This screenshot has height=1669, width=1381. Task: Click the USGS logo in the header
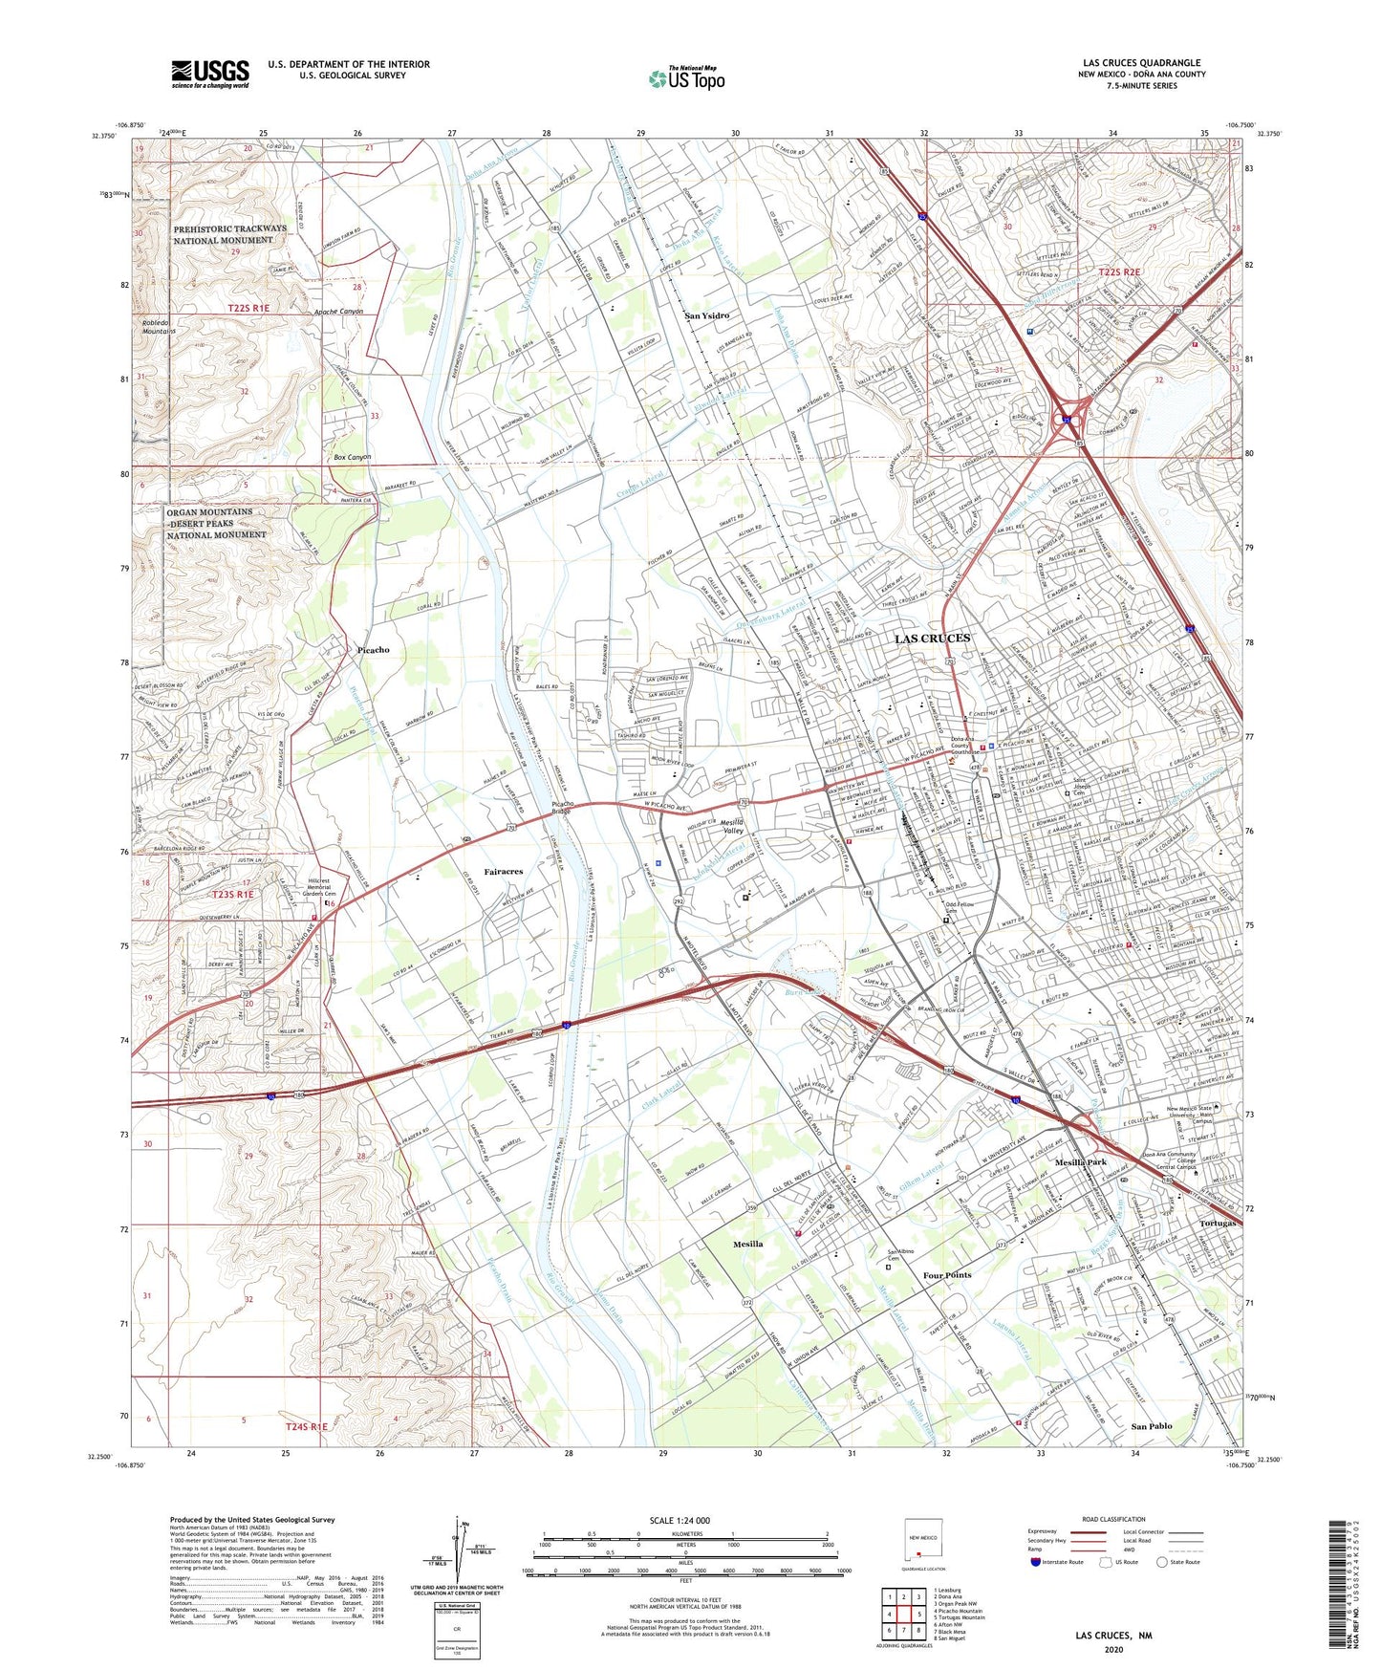pyautogui.click(x=209, y=74)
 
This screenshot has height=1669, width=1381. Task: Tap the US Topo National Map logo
pyautogui.click(x=686, y=77)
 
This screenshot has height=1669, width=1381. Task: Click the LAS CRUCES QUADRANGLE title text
pyautogui.click(x=1141, y=63)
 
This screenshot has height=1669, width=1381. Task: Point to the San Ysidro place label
pyautogui.click(x=707, y=315)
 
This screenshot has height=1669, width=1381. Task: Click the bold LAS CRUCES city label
pyautogui.click(x=932, y=638)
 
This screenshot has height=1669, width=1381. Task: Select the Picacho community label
pyautogui.click(x=373, y=650)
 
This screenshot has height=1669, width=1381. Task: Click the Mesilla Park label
pyautogui.click(x=1080, y=1162)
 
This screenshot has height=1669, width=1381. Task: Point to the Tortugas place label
pyautogui.click(x=1218, y=1224)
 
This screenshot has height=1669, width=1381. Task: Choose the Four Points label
pyautogui.click(x=947, y=1275)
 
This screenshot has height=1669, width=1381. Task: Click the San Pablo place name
pyautogui.click(x=1151, y=1426)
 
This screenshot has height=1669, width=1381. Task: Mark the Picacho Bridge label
pyautogui.click(x=563, y=809)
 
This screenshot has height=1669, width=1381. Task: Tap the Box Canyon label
pyautogui.click(x=352, y=457)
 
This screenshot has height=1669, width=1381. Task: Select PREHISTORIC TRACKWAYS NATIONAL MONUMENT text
pyautogui.click(x=229, y=234)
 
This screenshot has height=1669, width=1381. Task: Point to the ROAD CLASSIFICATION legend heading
pyautogui.click(x=1113, y=1519)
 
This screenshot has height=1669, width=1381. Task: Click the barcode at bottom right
pyautogui.click(x=1337, y=1586)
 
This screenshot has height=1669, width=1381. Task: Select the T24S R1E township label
pyautogui.click(x=306, y=1426)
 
